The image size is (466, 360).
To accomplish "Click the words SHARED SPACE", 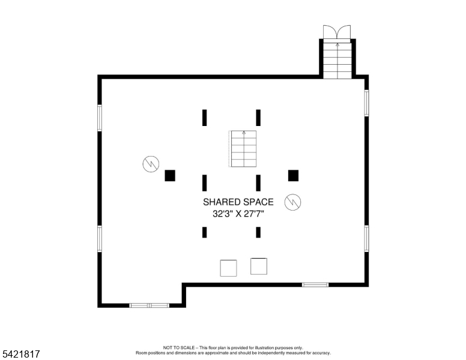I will click(x=238, y=202).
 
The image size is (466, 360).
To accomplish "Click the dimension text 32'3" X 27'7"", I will click(x=238, y=214).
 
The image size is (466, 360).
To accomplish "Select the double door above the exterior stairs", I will click(x=336, y=31).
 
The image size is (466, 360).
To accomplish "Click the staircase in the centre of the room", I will click(x=243, y=149).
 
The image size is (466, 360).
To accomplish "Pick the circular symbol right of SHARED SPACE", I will click(x=293, y=202).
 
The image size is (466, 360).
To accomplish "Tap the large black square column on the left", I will click(x=170, y=175).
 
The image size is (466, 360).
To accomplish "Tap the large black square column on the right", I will click(x=293, y=175).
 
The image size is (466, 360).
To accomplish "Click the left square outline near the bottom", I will click(x=228, y=268).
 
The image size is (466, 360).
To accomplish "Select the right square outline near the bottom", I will click(x=259, y=266).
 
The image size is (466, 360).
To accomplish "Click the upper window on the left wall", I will click(x=100, y=118).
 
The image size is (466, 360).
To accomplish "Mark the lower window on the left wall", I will click(x=100, y=238).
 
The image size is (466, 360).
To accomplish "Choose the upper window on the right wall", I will click(x=366, y=103).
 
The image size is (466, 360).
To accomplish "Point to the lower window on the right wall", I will click(x=366, y=238).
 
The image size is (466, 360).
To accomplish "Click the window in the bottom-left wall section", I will click(x=149, y=305).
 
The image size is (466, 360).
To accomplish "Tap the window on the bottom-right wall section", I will click(x=315, y=284).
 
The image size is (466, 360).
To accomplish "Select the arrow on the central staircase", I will click(x=243, y=133).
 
